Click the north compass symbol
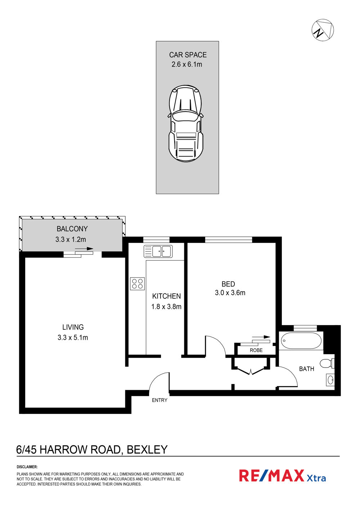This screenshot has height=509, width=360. coord(322,30)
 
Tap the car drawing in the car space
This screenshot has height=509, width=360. coord(186,123)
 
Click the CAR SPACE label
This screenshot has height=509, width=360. coord(188,55)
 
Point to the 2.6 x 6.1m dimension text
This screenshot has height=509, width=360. coord(186,64)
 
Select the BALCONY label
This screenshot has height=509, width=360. coord(72,229)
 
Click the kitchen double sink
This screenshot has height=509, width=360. coord(158,251)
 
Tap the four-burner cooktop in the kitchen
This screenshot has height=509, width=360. coord(137,284)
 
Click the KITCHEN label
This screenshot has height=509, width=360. coord(166,296)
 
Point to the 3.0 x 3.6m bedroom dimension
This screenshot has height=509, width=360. coord(230,292)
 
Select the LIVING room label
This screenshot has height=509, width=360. coord(73,327)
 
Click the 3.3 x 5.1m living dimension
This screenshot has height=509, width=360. coord(72,337)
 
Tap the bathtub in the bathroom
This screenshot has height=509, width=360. coord(301,341)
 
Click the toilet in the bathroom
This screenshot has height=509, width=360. coord(327,363)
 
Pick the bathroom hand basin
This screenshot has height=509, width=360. coord(330,380)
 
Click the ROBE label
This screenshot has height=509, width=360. coord(256,350)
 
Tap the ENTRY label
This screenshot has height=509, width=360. coord(159,400)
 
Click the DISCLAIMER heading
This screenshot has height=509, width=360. coord(27,467)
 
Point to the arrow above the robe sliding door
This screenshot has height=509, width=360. coord(261,337)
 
